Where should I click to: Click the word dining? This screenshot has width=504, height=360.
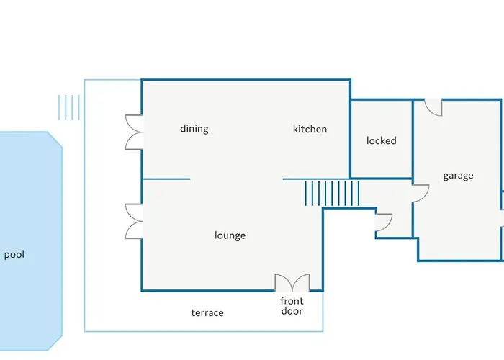[x=194, y=129]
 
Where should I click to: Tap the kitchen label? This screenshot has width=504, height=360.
[x=310, y=129]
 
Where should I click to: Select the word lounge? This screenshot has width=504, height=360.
[x=230, y=235]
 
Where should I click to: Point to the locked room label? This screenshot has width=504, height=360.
[x=381, y=140]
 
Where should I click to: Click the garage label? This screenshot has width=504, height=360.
[x=458, y=176]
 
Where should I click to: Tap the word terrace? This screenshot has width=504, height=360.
[x=207, y=312]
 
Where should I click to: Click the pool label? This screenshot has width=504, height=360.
[x=14, y=255]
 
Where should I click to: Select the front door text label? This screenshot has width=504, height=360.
[x=292, y=306]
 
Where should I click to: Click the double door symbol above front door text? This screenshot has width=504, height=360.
[x=292, y=283]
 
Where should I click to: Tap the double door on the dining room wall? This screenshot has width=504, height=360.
[x=134, y=132]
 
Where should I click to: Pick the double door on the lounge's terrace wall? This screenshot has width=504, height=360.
[x=134, y=221]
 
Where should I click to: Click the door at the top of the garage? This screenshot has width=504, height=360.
[x=433, y=107]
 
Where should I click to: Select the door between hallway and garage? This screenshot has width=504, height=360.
[x=420, y=193]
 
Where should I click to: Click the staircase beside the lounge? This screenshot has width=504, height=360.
[x=332, y=193]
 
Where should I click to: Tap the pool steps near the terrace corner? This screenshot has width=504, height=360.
[x=69, y=107]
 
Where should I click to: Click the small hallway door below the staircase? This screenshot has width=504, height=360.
[x=384, y=222]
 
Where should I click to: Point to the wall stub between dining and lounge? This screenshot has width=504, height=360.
[x=166, y=179]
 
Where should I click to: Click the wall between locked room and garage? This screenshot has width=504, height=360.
[x=413, y=139]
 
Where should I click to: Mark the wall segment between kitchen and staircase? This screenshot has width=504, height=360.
[x=316, y=179]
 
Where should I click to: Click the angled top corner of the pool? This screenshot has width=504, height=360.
[x=55, y=140]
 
